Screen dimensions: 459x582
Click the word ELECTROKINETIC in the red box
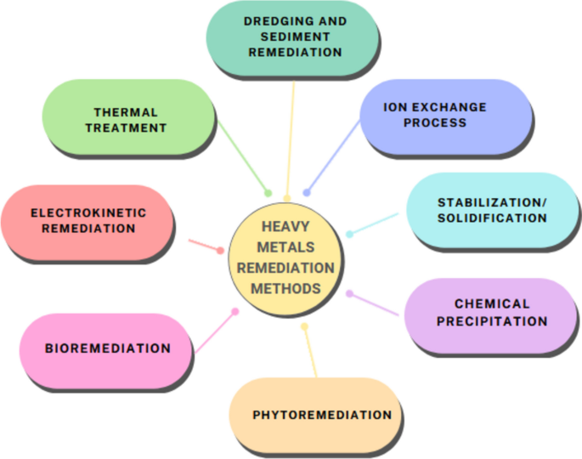point(88,212)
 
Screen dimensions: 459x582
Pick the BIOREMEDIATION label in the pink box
point(108,348)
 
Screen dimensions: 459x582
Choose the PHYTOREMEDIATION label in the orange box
point(322,415)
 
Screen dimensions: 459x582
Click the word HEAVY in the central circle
point(286,227)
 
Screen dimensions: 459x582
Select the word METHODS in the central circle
point(286,288)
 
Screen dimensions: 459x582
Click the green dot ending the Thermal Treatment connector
point(268,193)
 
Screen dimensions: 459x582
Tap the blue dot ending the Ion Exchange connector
point(307,193)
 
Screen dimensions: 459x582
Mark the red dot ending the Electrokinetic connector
point(221,251)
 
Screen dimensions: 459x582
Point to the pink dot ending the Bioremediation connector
point(235,311)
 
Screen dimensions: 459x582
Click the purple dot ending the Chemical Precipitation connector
point(349,293)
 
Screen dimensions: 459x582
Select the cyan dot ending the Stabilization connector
point(349,234)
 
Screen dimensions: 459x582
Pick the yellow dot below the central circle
point(305,326)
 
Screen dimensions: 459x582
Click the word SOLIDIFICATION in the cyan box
point(492,218)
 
